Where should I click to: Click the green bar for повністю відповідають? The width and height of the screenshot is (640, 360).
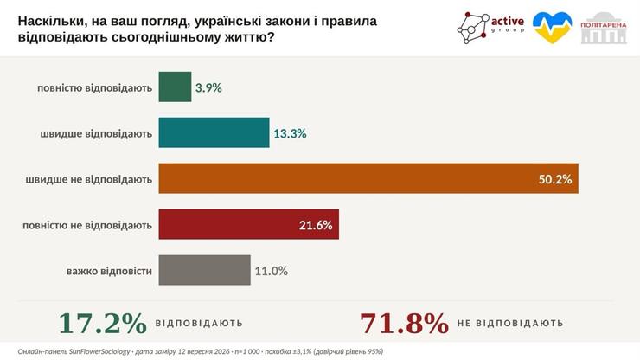[x=175, y=87]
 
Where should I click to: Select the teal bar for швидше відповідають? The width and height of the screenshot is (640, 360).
[x=214, y=132]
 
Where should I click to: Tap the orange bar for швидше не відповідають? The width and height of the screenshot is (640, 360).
[x=368, y=178]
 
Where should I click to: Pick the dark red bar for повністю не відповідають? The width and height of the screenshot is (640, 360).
[x=248, y=224]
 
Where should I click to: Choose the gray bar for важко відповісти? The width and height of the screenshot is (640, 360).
[x=204, y=270]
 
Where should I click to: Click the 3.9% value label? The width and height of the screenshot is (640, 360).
[x=208, y=88]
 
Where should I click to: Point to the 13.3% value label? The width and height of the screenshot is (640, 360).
[x=290, y=133]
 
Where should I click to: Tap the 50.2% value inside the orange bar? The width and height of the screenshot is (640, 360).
[x=555, y=179]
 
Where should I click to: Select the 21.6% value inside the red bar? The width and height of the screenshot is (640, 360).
[x=316, y=225]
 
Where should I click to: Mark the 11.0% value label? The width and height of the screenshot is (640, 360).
[x=271, y=271]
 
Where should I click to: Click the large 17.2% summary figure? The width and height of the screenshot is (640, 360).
[x=102, y=324]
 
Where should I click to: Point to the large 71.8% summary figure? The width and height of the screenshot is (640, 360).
[x=404, y=324]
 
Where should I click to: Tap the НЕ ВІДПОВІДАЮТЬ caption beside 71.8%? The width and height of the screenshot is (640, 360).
[x=510, y=324]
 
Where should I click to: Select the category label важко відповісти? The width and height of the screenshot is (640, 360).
[x=109, y=272]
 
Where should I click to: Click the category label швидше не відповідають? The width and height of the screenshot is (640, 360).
[x=88, y=179]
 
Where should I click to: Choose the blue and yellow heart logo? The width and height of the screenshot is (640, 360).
[x=553, y=28]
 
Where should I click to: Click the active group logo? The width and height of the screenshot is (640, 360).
[x=490, y=28]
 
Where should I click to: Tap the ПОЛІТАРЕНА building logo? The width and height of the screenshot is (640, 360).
[x=604, y=28]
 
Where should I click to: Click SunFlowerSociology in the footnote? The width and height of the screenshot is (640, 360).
[x=99, y=351]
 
